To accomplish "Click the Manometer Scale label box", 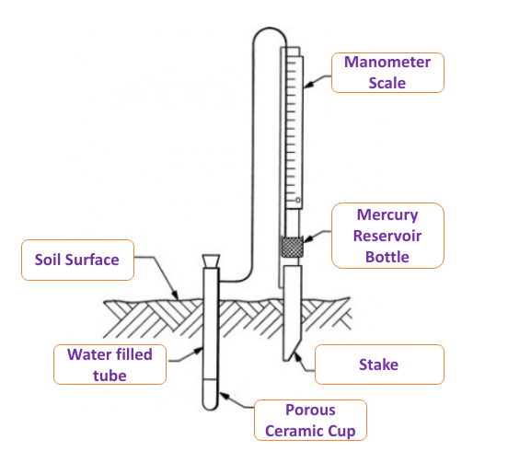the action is pos(387,73).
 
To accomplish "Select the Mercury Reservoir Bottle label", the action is pos(387,236).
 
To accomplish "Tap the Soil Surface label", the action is pos(77,260).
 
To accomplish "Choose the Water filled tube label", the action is pos(110,365).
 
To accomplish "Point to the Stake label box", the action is pos(379,365).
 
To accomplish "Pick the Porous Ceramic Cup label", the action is pos(310,421).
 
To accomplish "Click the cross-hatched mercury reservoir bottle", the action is pos(292,247).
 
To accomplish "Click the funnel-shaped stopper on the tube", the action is pos(211,261).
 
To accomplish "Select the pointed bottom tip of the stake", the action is pos(285,359).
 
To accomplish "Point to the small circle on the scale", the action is pos(298,201).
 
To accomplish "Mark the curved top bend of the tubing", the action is pos(270,29).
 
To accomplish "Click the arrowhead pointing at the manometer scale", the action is pos(308,85).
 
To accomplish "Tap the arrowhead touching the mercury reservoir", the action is pos(307,238).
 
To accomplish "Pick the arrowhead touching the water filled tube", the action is pos(198,351).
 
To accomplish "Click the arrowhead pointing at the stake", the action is pos(296,357).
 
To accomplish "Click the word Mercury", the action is pos(387,215).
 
